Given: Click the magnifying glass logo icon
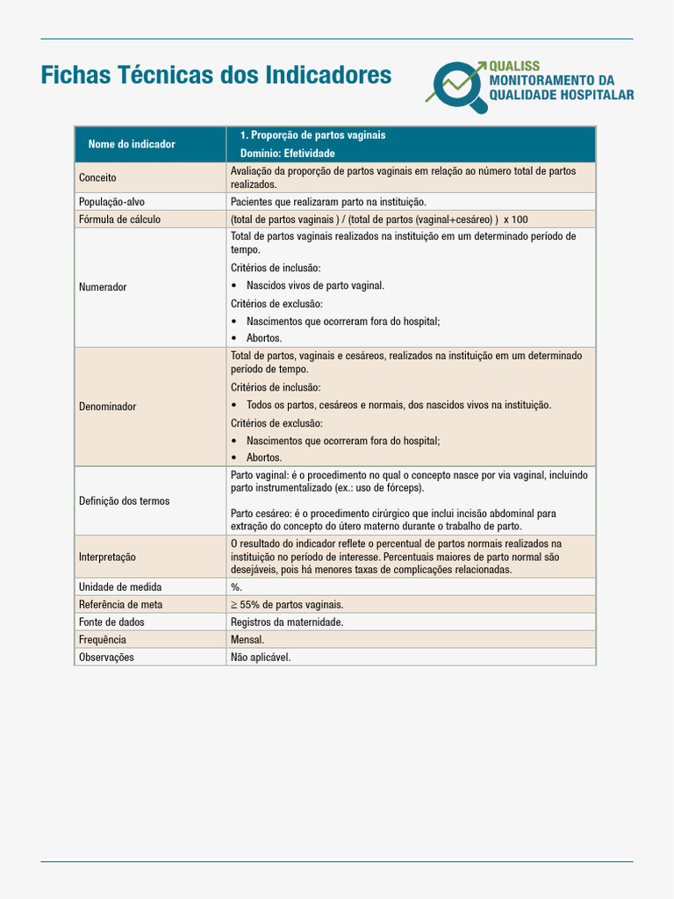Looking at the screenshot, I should point(459,86).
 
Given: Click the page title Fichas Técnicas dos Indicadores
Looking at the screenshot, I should point(216,76).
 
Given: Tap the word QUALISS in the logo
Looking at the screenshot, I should point(514,67).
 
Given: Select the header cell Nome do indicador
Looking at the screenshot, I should point(132,144).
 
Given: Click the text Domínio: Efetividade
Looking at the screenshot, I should point(287,154).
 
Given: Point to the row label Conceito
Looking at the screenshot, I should point(97,177).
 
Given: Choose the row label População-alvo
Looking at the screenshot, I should point(111,202).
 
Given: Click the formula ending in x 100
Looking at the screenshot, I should point(379,219).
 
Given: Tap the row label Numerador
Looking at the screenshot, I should point(103,287).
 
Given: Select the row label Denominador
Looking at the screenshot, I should point(108,406).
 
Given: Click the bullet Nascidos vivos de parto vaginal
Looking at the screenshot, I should point(315,285).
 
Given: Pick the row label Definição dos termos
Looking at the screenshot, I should point(124,500).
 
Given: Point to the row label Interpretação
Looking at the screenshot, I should point(107,557).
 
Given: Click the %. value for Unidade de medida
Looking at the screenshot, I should point(237,586).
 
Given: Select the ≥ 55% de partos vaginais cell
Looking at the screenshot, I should point(287,604).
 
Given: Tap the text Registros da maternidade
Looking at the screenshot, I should point(287,622).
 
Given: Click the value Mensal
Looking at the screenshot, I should point(247,639).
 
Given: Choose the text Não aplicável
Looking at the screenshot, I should point(261,657).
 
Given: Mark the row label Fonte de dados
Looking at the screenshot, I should point(111,622).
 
